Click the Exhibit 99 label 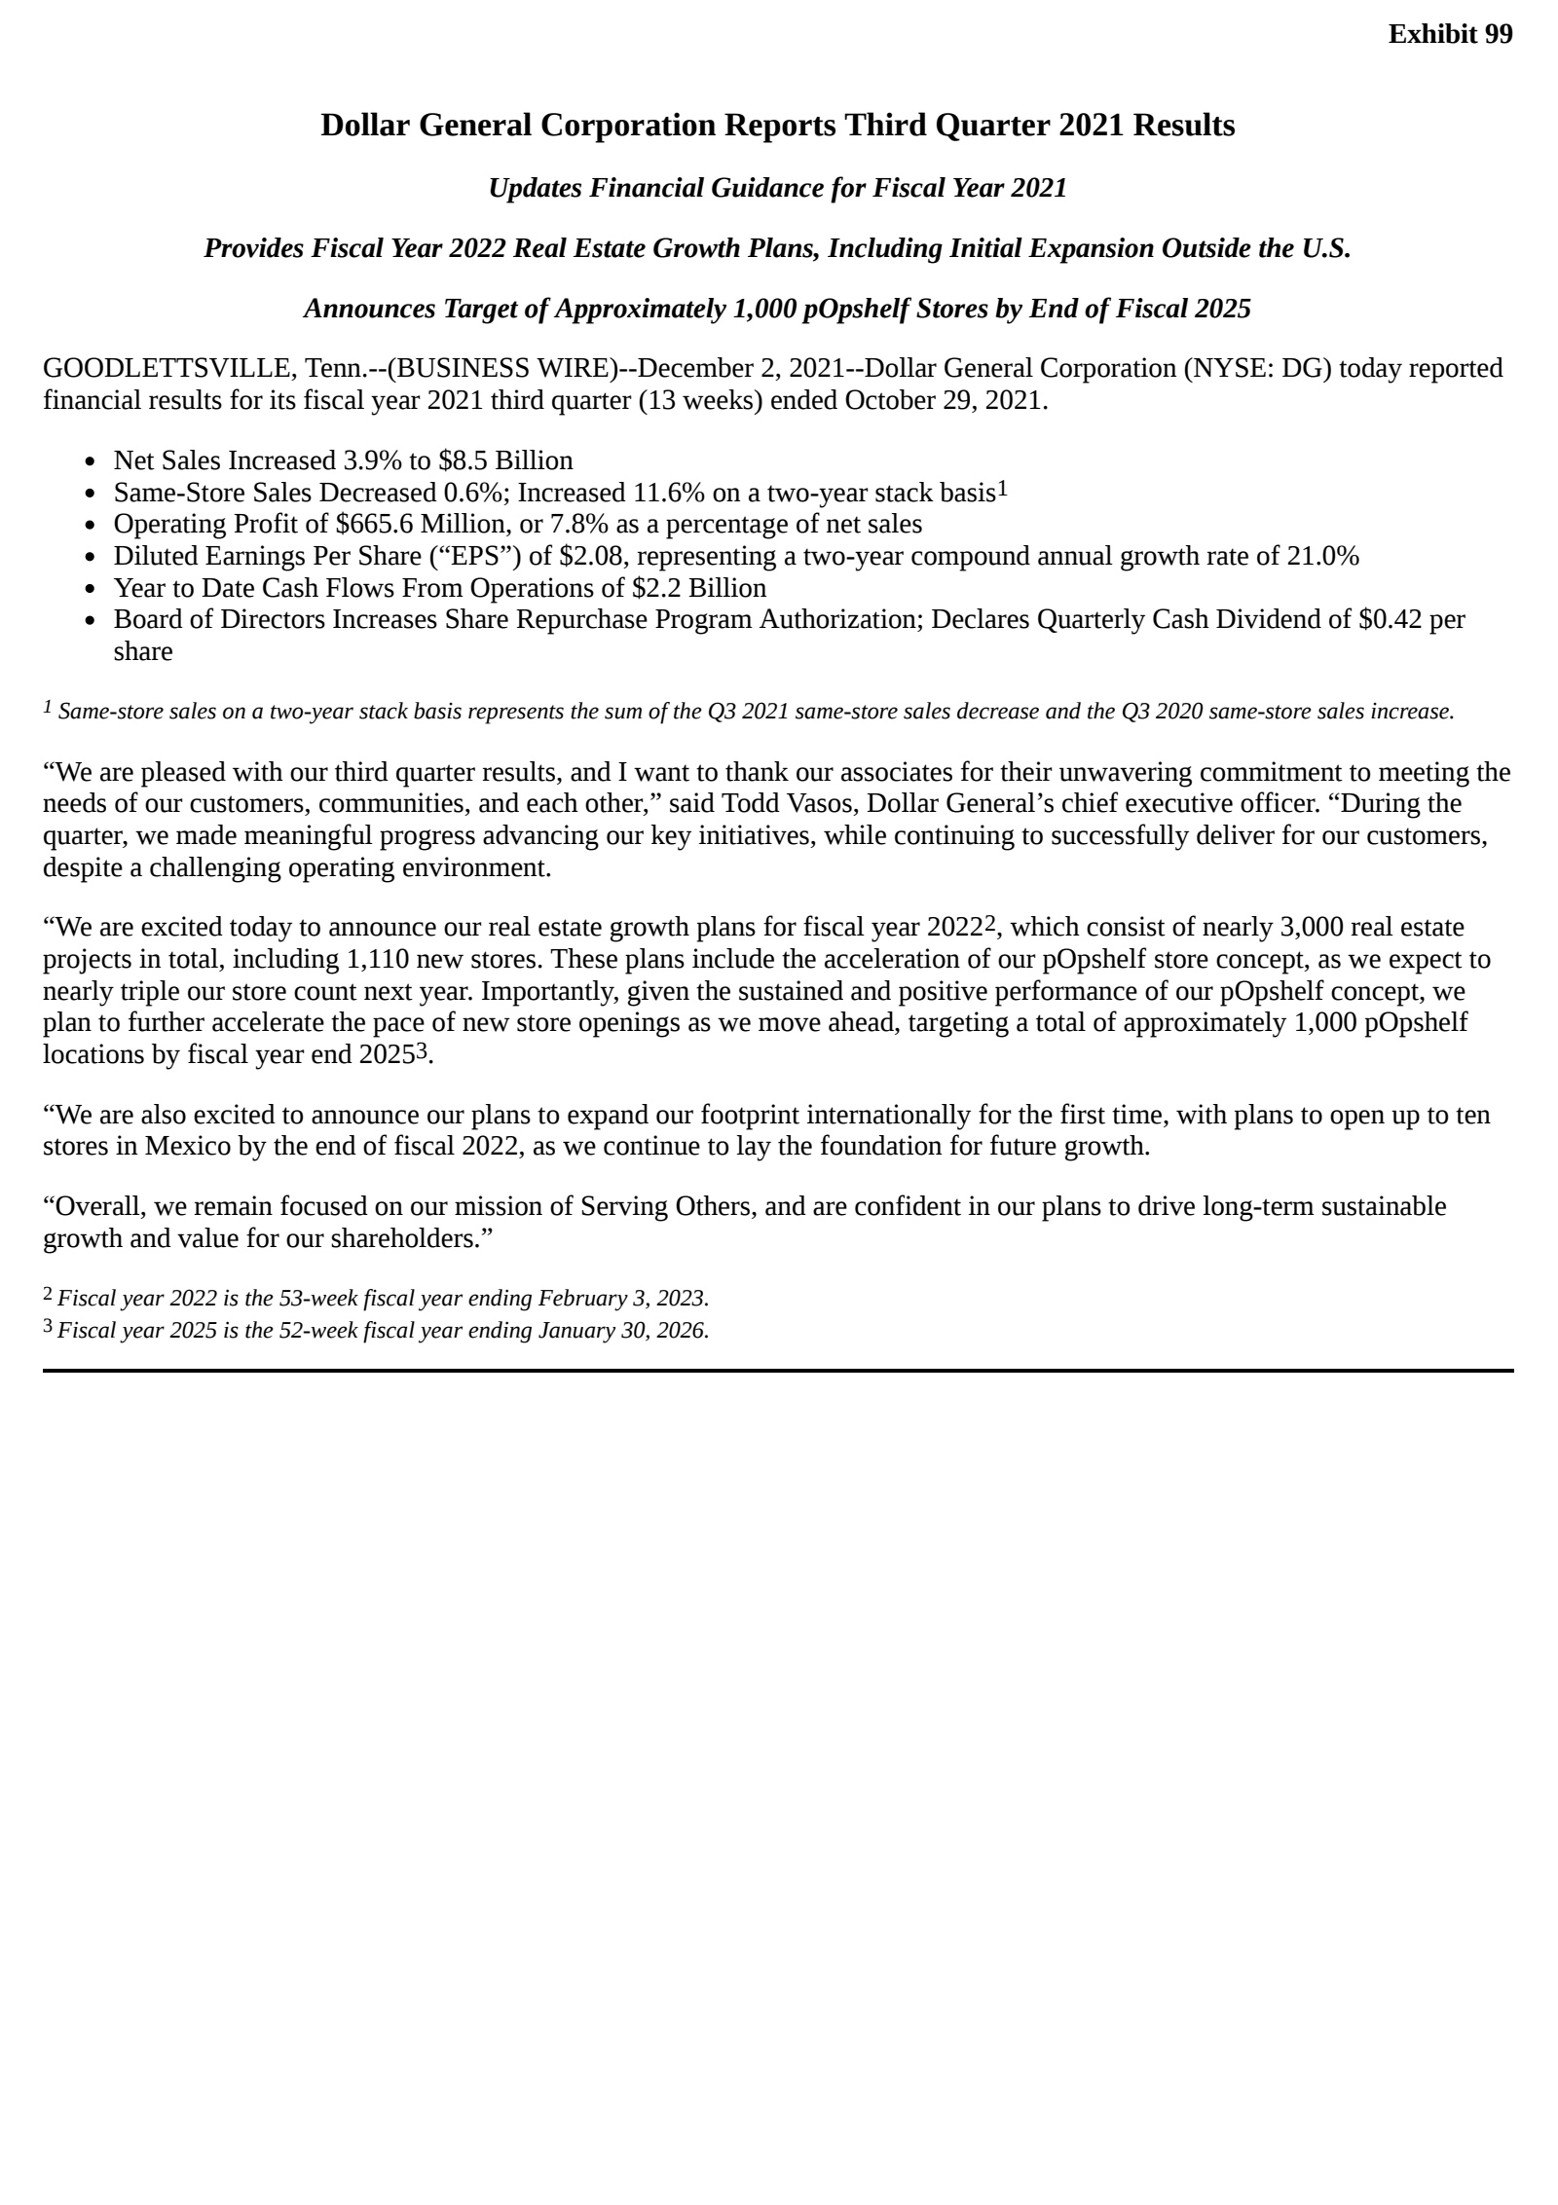coord(1450,34)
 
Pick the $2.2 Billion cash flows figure coord(698,588)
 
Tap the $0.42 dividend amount coord(1391,620)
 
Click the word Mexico coord(188,1147)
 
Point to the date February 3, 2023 coord(623,1299)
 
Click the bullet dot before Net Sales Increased coord(91,461)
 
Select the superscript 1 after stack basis coord(1002,489)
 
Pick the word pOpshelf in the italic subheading coord(857,310)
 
